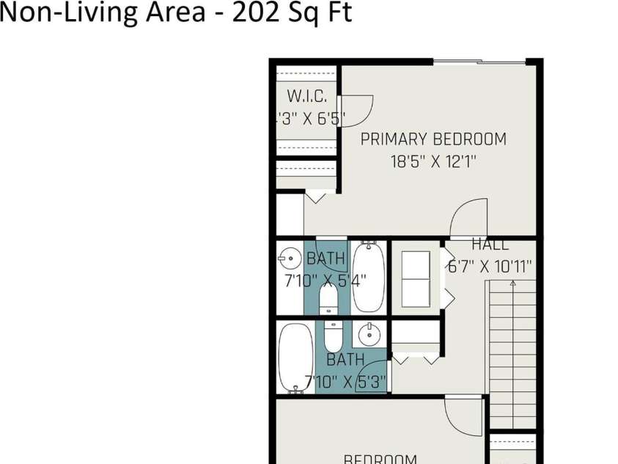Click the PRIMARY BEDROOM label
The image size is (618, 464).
[x=433, y=139]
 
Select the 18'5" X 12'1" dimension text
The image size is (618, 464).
[x=433, y=162]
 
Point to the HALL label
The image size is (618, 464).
[x=490, y=245]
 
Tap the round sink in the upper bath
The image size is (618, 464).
[x=290, y=258]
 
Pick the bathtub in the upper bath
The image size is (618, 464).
[x=368, y=276]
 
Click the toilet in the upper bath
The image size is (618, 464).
[x=329, y=297]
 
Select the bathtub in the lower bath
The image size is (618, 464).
[x=295, y=358]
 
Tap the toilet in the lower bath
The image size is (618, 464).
[x=333, y=336]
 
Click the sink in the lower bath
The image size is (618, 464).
[x=370, y=334]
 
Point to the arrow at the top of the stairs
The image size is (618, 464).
[x=512, y=283]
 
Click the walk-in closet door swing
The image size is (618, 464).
[x=357, y=110]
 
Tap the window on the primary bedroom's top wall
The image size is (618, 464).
[x=479, y=62]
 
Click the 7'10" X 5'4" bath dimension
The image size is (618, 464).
[x=325, y=280]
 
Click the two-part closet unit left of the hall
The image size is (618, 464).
[x=416, y=278]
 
